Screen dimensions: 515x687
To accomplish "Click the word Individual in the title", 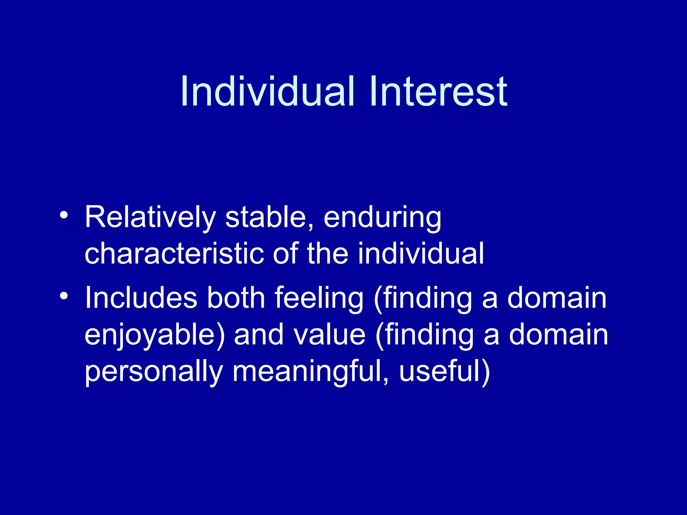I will pos(267,92).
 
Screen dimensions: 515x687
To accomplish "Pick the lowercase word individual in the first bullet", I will pos(421,254).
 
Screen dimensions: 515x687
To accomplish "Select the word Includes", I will pos(141,298).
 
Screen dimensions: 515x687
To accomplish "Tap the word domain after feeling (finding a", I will pos(557,298).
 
